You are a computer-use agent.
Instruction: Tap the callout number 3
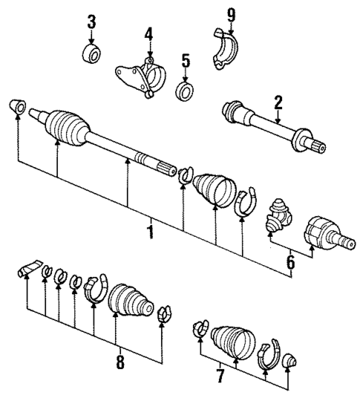click(x=91, y=22)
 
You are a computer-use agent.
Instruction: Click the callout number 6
click(x=291, y=261)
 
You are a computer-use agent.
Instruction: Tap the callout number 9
click(x=231, y=13)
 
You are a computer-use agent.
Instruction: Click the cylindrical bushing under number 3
click(x=92, y=54)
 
